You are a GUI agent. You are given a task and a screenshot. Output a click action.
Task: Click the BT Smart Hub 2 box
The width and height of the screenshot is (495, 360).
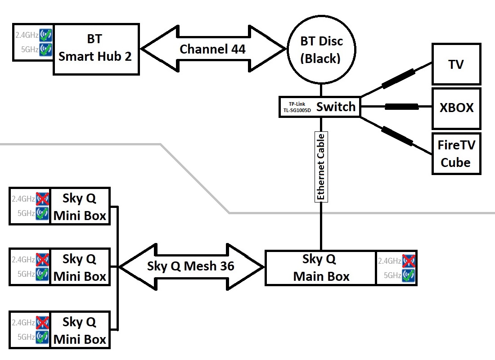[x=95, y=48]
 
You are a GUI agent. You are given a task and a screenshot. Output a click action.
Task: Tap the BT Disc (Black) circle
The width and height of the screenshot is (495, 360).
[x=321, y=49]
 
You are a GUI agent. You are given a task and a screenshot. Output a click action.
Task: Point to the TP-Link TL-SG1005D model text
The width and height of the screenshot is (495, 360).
[x=297, y=107]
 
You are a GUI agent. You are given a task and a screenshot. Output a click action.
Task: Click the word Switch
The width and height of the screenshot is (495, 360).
[x=336, y=107]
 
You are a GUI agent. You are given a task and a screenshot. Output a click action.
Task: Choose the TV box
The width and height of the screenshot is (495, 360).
[x=456, y=64]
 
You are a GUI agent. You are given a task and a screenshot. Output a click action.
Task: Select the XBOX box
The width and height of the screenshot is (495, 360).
[x=456, y=108]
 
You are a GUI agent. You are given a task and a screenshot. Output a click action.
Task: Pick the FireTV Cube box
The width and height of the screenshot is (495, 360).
[x=456, y=153]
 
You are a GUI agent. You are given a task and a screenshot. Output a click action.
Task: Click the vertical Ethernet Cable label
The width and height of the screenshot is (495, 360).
[x=321, y=166]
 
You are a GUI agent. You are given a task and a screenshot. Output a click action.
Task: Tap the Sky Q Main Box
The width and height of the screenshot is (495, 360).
[x=321, y=268]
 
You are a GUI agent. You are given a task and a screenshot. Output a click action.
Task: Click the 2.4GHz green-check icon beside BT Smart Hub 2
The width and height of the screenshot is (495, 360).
[x=45, y=35]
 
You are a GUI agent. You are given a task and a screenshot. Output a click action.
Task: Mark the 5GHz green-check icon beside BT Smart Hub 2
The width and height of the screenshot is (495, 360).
[x=45, y=49]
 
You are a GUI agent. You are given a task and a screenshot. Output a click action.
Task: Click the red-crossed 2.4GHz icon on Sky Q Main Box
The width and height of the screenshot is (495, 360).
[x=409, y=261]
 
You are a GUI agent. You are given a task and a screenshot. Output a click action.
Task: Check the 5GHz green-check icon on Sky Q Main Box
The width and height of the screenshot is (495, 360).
[x=409, y=275]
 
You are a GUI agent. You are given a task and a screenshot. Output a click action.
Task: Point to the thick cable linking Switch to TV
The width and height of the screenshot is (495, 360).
[x=399, y=78]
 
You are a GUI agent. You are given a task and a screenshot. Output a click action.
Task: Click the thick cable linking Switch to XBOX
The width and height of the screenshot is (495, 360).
[x=401, y=107]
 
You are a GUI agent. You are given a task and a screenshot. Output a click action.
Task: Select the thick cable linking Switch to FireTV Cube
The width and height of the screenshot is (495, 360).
[x=397, y=135]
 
